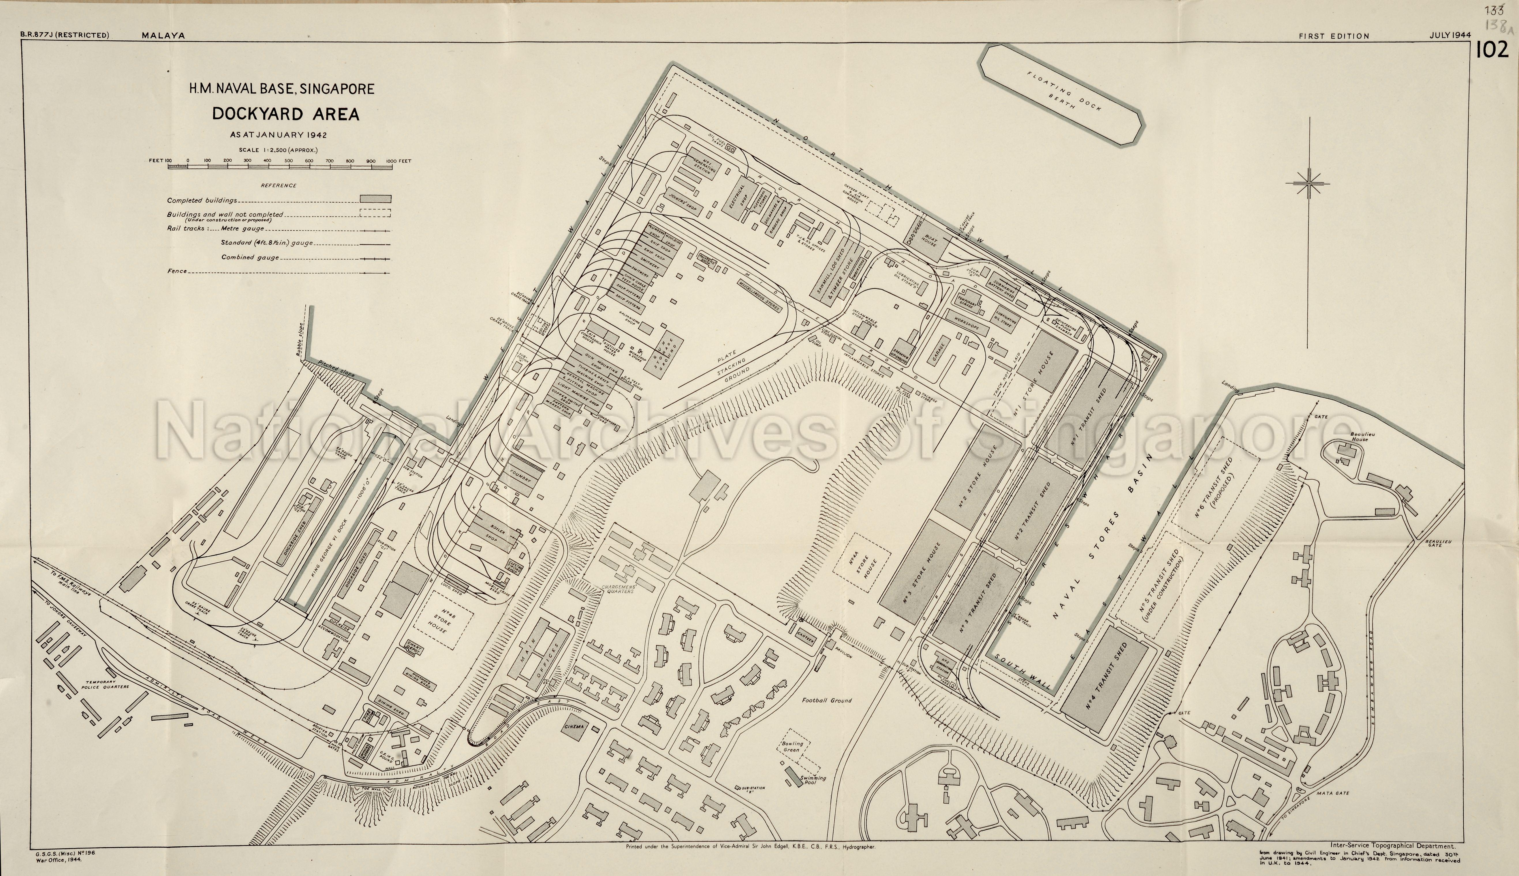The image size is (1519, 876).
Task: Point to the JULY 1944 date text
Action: (x=1450, y=35)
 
